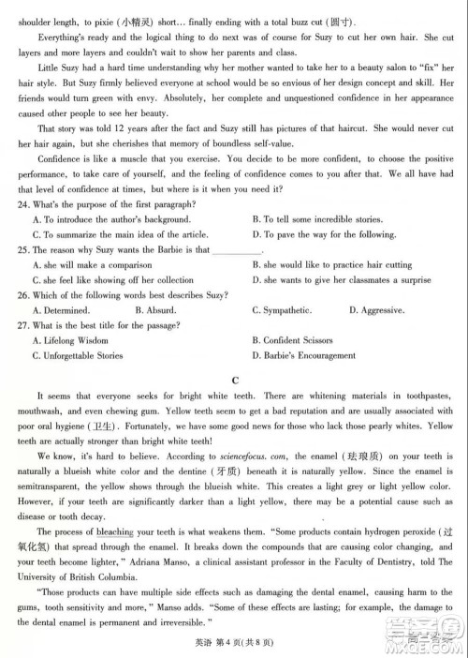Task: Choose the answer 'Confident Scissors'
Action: [303, 340]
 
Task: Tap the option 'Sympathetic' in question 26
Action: [282, 310]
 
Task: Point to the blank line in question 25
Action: [238, 250]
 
